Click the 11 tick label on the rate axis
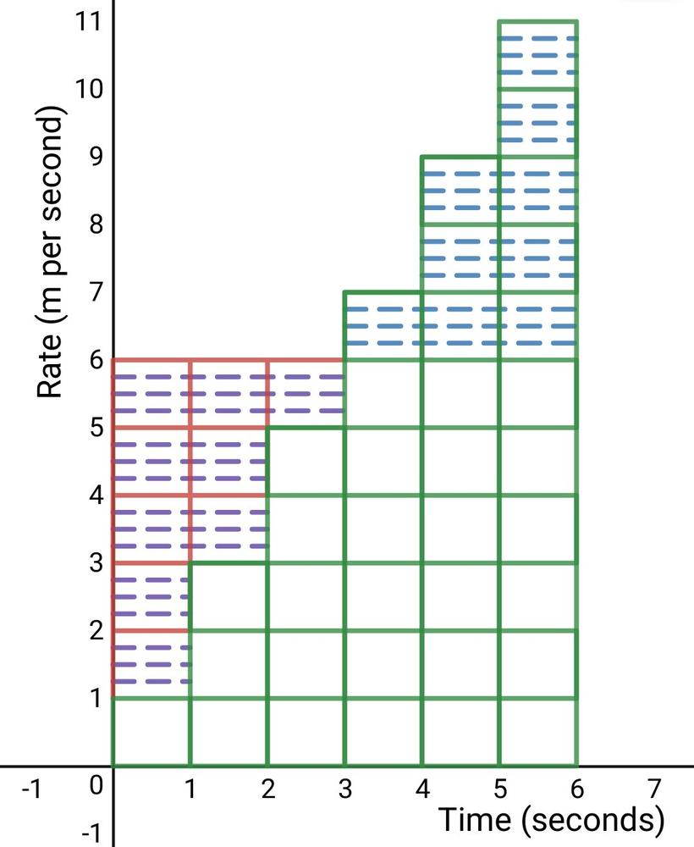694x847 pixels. point(88,22)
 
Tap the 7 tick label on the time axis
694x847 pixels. point(653,789)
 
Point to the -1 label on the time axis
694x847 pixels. point(31,789)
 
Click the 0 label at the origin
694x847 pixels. point(96,785)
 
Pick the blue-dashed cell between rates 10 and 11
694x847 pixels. point(537,54)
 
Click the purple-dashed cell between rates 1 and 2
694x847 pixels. point(151,664)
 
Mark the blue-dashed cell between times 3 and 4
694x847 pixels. point(383,326)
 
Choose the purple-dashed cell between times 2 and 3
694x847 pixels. point(306,394)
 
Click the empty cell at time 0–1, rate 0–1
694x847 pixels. point(151,732)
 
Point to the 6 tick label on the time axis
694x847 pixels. point(576,789)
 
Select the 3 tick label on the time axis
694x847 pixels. point(344,789)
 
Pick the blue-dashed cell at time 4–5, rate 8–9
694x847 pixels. point(460,191)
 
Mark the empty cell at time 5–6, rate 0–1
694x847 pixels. point(537,732)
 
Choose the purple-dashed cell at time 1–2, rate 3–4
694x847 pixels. point(229,529)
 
